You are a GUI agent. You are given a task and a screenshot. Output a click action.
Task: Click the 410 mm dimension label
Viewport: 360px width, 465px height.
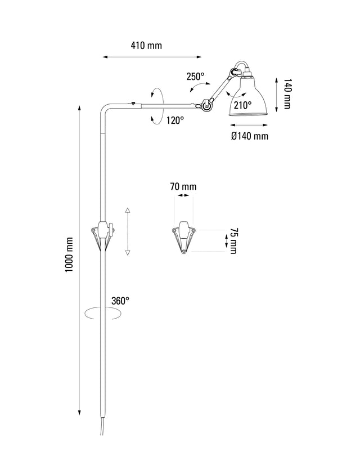[x=146, y=46]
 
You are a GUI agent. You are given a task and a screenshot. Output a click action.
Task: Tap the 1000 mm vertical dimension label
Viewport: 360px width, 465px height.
[x=70, y=254]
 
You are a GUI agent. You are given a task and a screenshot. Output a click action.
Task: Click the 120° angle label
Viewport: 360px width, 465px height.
[x=175, y=120]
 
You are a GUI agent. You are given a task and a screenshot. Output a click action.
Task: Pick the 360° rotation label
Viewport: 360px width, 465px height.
[x=120, y=301]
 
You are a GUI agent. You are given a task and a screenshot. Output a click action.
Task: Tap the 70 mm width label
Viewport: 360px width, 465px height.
[x=183, y=186]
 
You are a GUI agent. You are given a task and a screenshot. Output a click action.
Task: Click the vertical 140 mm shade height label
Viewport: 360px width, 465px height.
[x=286, y=94]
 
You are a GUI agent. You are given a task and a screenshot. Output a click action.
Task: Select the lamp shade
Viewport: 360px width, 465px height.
[x=247, y=99]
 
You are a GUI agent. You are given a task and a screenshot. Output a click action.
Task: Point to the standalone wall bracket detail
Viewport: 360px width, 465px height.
[x=183, y=237]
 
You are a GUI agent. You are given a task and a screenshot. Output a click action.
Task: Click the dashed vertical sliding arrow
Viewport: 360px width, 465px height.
[x=128, y=231]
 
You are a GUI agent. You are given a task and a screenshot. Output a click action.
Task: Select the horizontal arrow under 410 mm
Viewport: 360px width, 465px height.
[x=152, y=56]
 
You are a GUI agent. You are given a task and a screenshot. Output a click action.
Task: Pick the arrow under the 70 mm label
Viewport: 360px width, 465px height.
[x=183, y=196]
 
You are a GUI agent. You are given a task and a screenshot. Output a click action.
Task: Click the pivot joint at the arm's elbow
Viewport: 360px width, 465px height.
[x=206, y=104]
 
